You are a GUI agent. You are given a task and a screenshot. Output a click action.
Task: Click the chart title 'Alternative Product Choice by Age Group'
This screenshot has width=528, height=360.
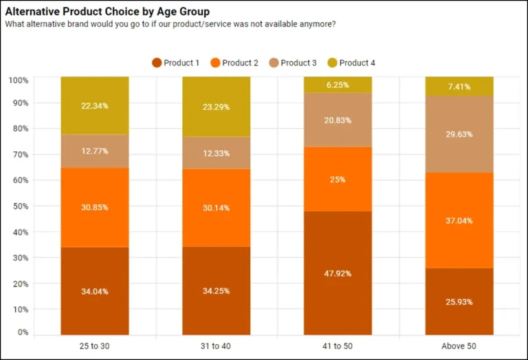107,12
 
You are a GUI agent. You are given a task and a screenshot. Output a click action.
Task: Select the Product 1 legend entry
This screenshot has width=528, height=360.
176,63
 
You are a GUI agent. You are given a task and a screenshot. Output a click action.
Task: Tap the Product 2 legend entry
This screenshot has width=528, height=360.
234,63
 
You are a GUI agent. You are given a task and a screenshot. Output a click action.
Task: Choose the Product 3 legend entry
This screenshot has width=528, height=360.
293,63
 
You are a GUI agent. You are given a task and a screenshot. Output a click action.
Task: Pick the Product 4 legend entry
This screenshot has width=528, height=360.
351,63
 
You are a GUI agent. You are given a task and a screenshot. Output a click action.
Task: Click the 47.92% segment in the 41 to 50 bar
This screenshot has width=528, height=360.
338,273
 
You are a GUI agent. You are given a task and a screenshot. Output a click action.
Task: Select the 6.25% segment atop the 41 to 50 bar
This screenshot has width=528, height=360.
338,85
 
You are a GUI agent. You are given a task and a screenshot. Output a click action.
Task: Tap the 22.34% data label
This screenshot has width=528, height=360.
95,106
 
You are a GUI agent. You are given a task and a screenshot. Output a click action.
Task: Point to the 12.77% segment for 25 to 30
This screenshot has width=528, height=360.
95,151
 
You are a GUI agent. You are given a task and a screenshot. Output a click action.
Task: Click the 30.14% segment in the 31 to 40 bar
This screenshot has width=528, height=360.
216,207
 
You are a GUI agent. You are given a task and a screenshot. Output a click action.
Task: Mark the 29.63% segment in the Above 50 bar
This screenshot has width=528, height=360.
459,134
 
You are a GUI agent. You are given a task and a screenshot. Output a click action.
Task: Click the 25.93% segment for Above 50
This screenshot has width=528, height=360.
459,301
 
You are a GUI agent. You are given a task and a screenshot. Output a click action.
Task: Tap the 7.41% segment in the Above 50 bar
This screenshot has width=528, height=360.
459,87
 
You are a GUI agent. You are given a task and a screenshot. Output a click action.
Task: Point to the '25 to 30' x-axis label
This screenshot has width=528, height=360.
95,346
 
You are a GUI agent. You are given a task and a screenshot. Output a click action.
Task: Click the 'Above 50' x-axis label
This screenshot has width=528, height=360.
459,346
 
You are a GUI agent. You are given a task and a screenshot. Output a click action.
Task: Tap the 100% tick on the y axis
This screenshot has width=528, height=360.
19,80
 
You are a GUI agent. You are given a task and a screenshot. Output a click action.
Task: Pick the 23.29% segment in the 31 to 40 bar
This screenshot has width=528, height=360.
216,107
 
